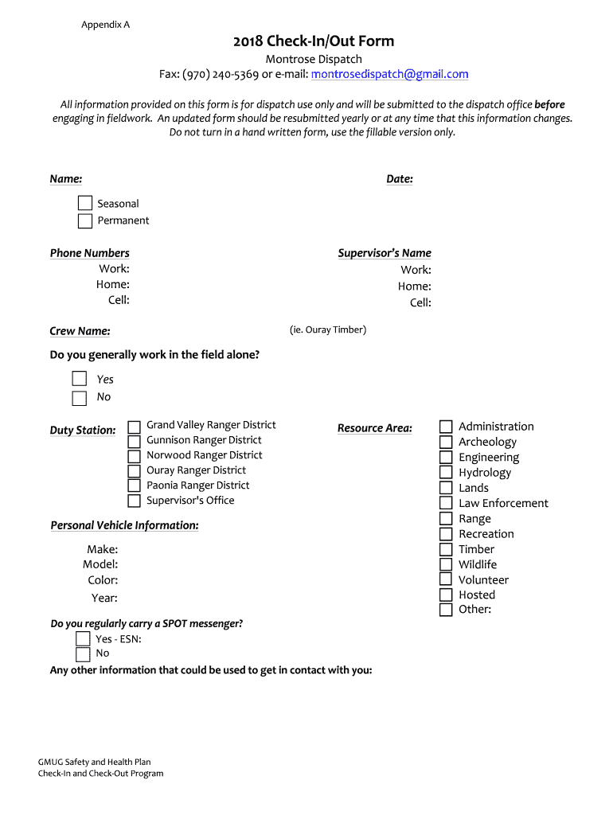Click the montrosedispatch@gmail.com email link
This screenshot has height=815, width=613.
[x=389, y=74]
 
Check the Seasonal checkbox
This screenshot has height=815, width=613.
[x=85, y=204]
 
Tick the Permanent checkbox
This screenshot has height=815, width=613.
[x=85, y=220]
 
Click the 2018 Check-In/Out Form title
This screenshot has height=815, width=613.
[x=314, y=41]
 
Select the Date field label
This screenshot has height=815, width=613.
[x=400, y=179]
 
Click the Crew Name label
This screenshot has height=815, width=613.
[x=80, y=331]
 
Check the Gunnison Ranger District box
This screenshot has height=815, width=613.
[x=135, y=441]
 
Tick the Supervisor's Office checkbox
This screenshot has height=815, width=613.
[x=135, y=501]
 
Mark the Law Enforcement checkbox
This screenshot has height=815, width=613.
[x=446, y=503]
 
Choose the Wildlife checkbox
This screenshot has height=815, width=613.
[x=446, y=564]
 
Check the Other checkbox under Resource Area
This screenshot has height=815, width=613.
[x=446, y=610]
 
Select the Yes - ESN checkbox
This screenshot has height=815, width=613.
[x=83, y=638]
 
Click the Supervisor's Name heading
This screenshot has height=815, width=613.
[x=385, y=253]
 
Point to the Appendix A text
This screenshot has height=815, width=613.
[x=105, y=25]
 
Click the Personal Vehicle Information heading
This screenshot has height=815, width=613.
[x=124, y=525]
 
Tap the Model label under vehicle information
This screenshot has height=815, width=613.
[x=100, y=564]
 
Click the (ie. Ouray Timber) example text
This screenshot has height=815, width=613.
[x=328, y=330]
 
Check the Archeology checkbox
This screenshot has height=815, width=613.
[x=446, y=443]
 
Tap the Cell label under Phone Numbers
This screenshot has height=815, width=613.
[x=119, y=300]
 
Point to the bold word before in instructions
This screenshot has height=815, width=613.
[x=549, y=104]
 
